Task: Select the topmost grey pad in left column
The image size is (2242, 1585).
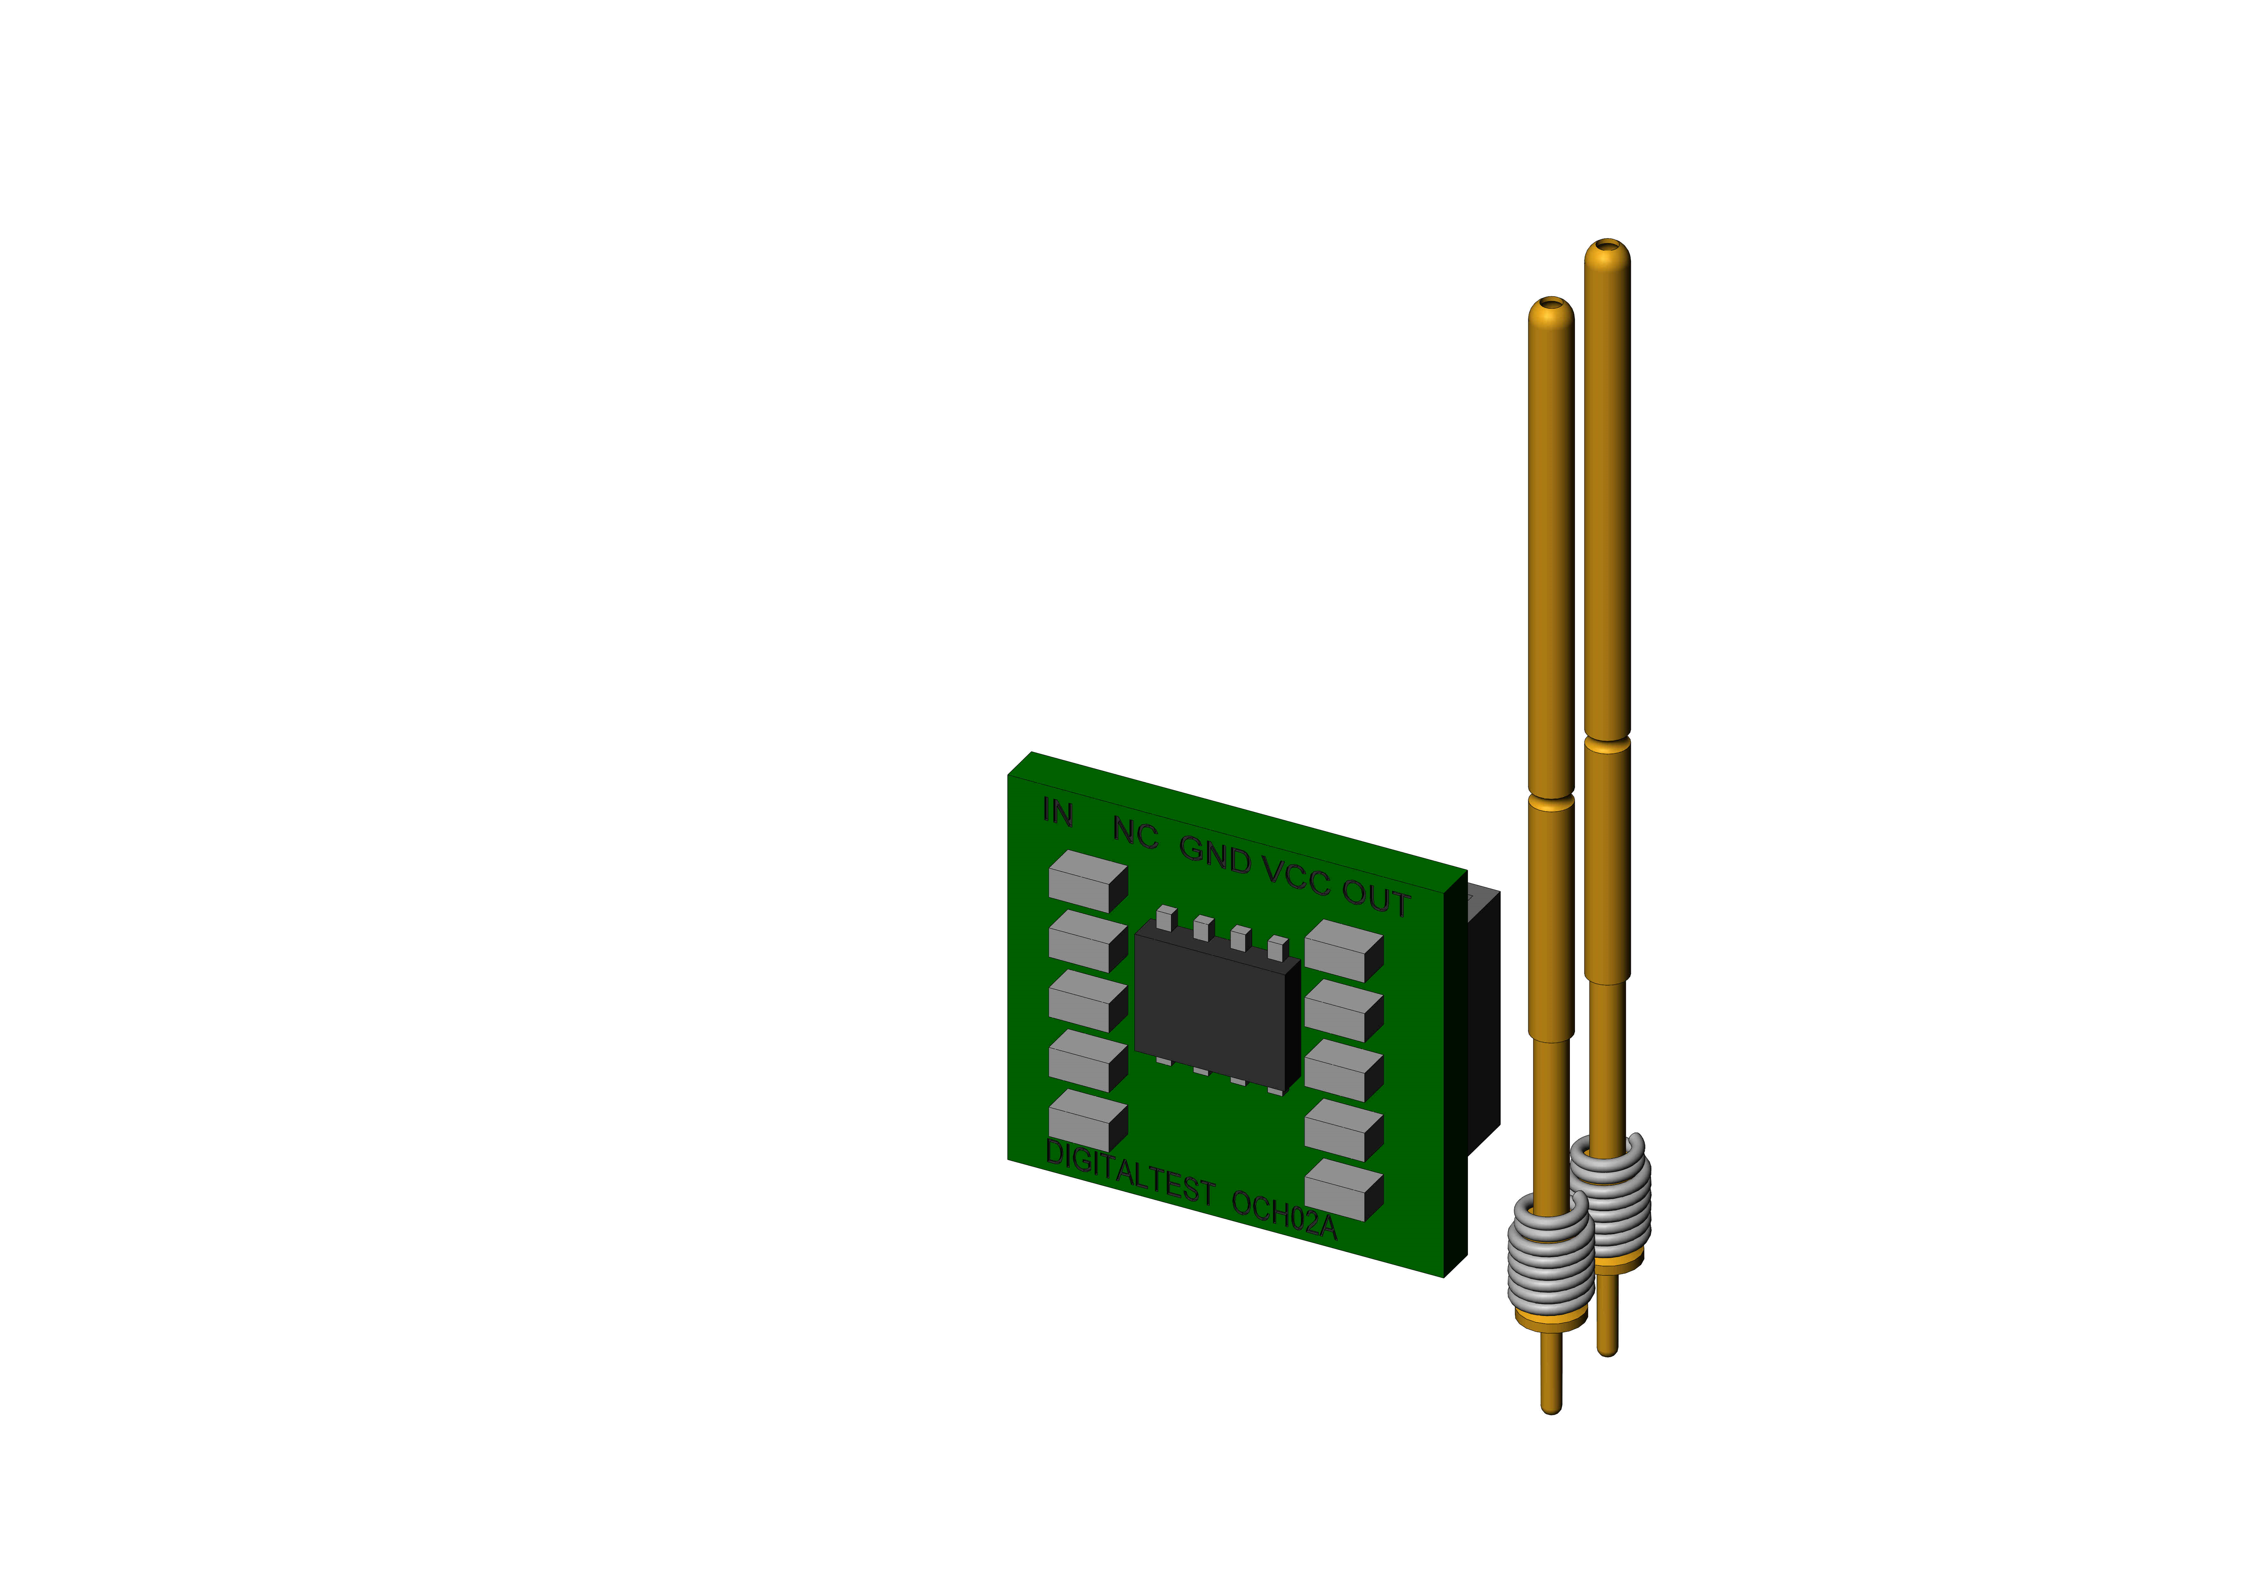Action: (x=1088, y=881)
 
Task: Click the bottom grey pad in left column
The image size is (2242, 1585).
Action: (x=1088, y=1120)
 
